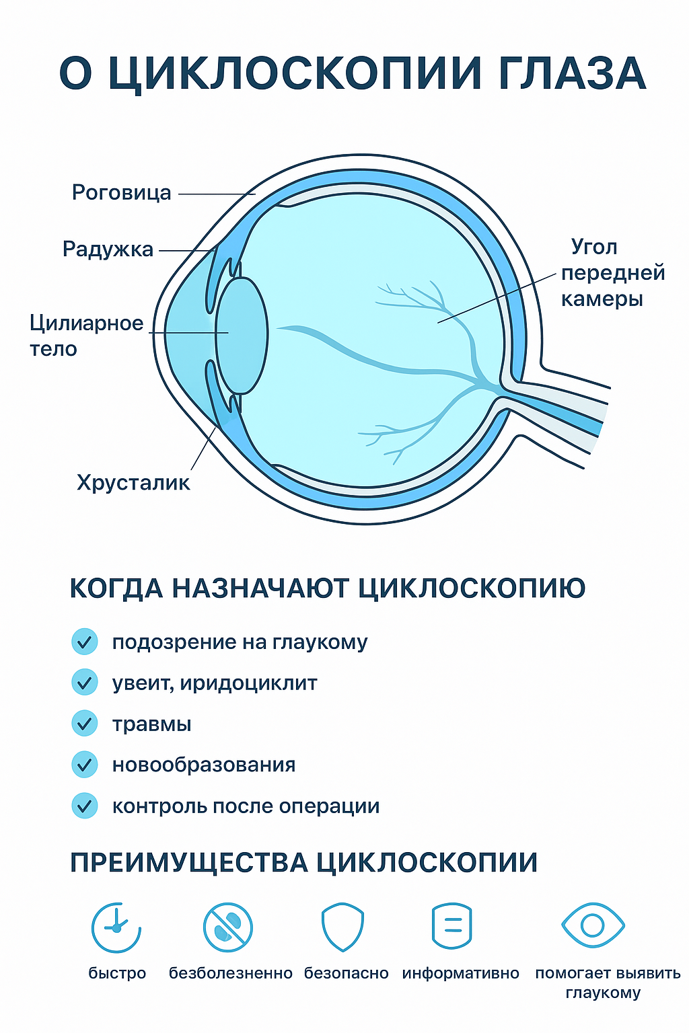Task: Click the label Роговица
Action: coord(122,193)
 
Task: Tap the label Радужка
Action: coord(108,250)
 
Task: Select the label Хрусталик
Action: coord(133,483)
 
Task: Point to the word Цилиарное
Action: coord(86,323)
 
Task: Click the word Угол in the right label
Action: coord(594,247)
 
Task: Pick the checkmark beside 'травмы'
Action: coord(85,724)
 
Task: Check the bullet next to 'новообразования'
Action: coord(85,765)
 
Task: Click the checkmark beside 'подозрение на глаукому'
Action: coord(85,642)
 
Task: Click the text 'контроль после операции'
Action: coord(246,806)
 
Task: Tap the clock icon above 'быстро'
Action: coord(116,927)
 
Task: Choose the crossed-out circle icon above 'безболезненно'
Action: coord(228,927)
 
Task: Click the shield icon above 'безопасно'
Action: coord(342,927)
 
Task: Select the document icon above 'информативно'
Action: coord(452,926)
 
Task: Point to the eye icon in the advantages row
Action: coord(593,925)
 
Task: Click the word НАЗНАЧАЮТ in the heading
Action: coord(262,588)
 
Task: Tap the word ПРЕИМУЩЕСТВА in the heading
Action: coord(189,863)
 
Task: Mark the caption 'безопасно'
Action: coord(346,973)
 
